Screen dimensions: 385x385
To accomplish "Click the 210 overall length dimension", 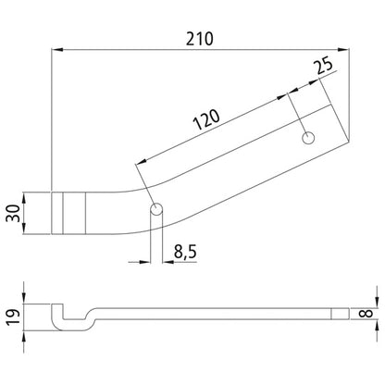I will point(199,39).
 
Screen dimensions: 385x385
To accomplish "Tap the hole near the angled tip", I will point(307,138).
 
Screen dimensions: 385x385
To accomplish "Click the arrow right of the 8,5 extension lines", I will point(171,262).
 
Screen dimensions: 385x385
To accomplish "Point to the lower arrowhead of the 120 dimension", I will point(140,164).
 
